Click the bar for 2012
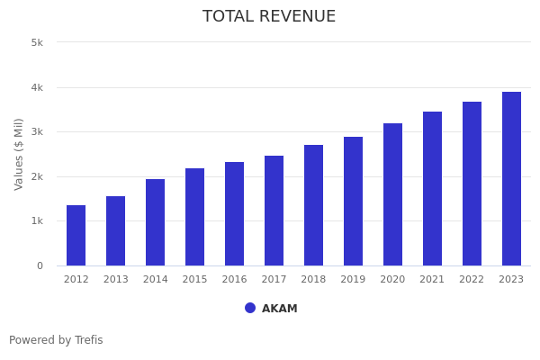tap(76, 236)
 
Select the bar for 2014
tap(155, 222)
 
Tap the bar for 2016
tap(234, 214)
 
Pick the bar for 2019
tap(353, 202)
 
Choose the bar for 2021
tap(432, 189)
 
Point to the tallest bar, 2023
tap(511, 179)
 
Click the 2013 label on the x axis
tap(115, 280)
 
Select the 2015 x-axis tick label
tap(194, 280)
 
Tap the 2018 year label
tap(313, 280)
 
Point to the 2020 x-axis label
tap(392, 280)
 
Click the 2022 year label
tap(472, 280)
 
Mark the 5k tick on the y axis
tap(37, 42)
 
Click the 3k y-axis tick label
tap(37, 132)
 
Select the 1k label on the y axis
tap(37, 221)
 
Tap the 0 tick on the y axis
tap(40, 266)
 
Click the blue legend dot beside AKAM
tap(250, 308)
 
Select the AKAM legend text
tap(280, 309)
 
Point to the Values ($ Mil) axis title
tap(19, 154)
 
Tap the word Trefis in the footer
tap(87, 340)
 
